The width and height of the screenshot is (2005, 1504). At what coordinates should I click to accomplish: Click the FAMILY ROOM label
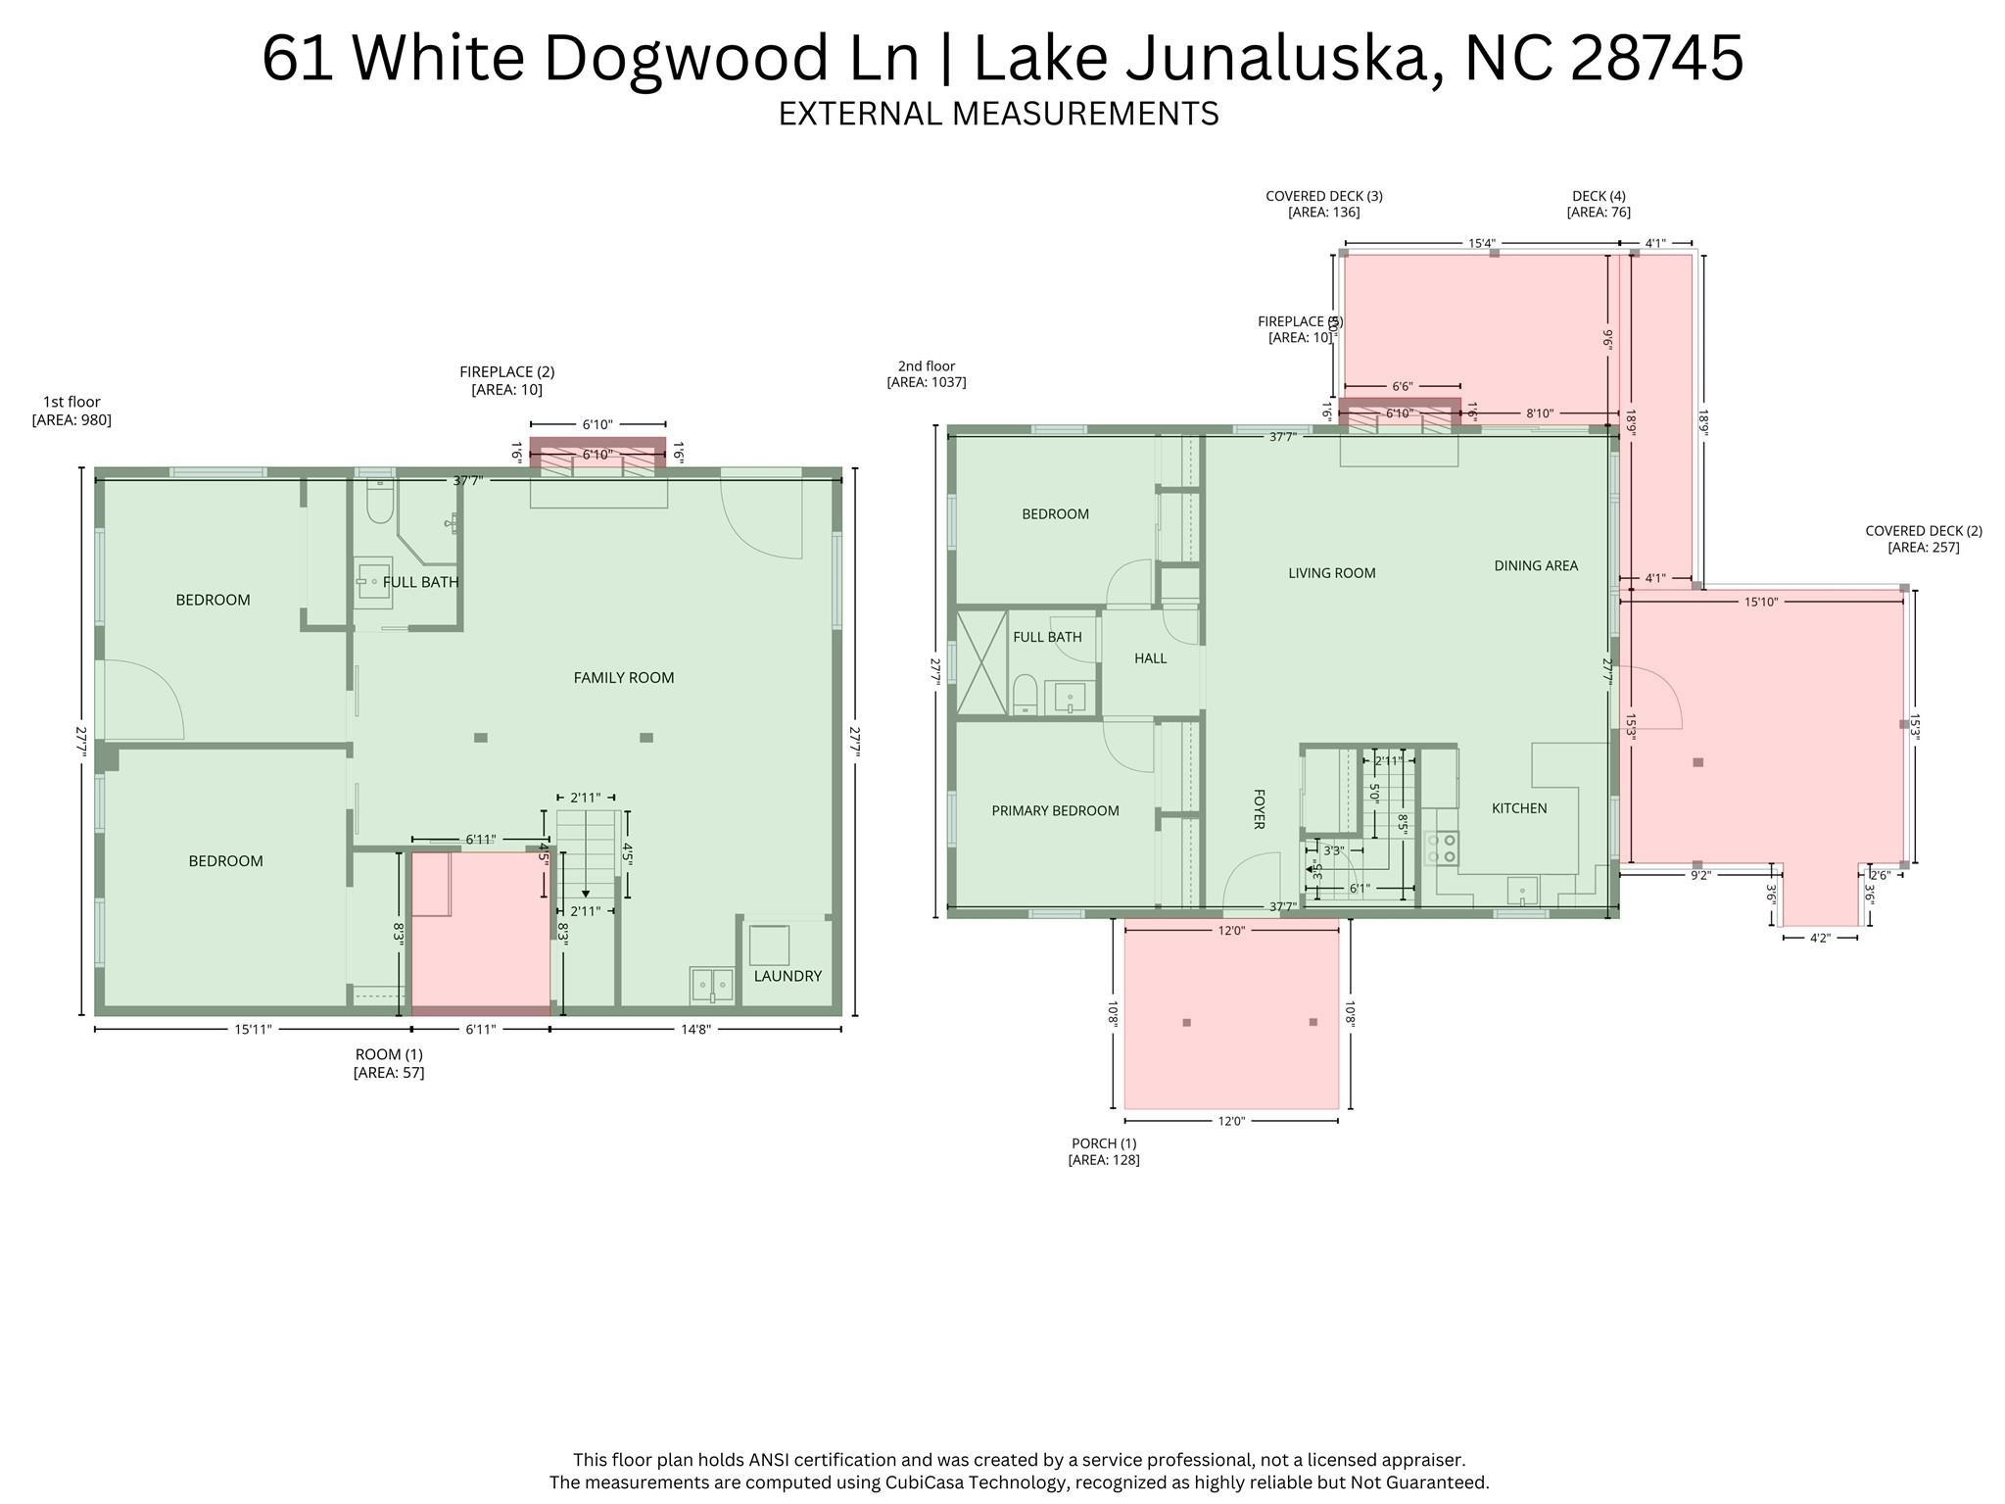point(623,677)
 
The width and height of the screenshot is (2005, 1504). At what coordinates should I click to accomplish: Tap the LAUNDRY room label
point(787,976)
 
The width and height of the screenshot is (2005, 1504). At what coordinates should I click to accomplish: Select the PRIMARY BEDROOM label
point(1055,810)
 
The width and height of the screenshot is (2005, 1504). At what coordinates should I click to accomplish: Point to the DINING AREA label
point(1535,565)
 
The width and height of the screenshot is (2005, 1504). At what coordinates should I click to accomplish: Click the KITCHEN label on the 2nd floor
point(1518,808)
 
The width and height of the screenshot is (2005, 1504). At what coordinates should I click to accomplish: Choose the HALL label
point(1150,658)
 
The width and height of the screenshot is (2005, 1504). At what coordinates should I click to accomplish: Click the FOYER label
point(1259,808)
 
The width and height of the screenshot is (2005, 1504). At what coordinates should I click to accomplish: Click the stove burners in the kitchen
point(1442,849)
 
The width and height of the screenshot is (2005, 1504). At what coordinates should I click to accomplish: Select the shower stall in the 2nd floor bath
point(980,663)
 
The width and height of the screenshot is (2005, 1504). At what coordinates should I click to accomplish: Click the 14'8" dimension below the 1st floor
point(694,1029)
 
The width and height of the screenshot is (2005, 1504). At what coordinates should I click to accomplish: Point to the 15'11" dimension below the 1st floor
point(253,1029)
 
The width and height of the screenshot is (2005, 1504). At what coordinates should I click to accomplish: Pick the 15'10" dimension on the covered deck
point(1760,602)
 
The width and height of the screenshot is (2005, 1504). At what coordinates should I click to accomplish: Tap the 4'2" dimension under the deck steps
point(1819,938)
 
